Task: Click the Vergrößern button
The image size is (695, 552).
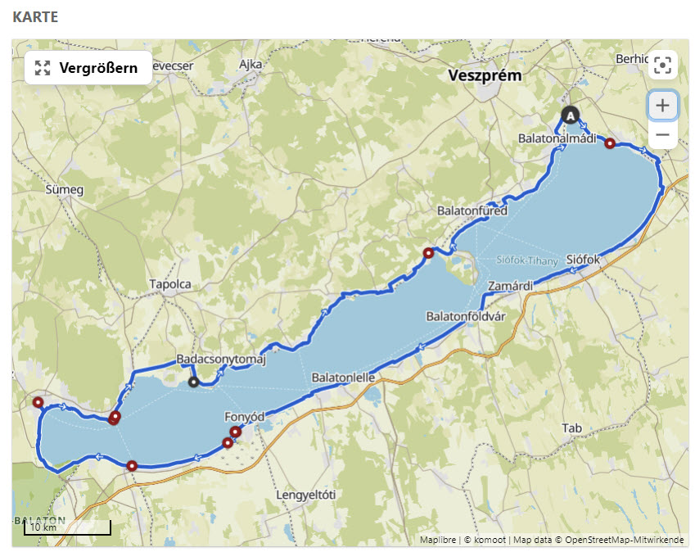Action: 88,68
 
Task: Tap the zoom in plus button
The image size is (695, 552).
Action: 662,106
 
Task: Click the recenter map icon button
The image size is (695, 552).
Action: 662,66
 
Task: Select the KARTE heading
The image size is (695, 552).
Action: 35,16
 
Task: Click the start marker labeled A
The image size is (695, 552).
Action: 570,115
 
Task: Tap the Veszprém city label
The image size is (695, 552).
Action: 485,75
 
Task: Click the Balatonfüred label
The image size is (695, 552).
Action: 472,210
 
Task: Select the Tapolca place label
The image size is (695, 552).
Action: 170,284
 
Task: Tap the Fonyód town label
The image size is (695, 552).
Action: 245,417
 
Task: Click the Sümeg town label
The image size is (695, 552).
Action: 65,190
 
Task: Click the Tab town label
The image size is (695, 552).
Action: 571,428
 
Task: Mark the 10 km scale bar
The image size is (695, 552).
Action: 67,528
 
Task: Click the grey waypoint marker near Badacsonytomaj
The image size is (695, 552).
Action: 193,382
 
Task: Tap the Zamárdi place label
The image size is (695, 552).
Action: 510,286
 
